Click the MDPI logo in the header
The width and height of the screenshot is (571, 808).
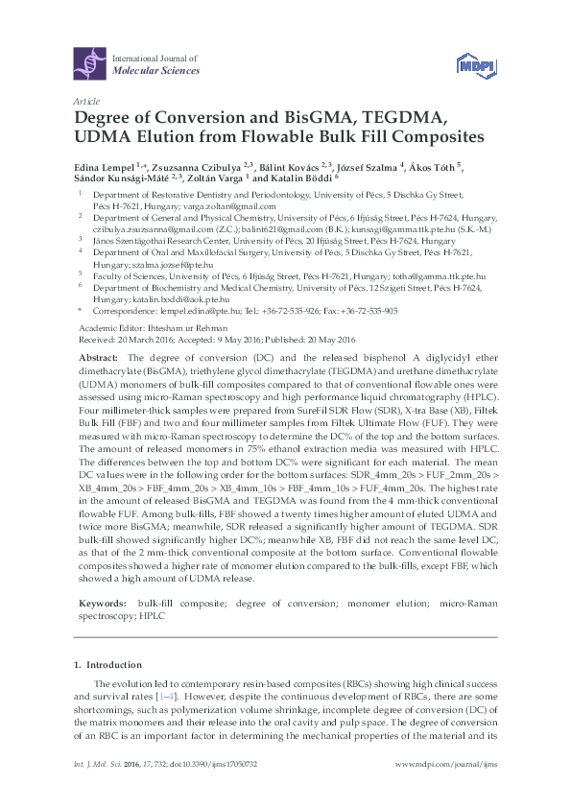468,64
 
